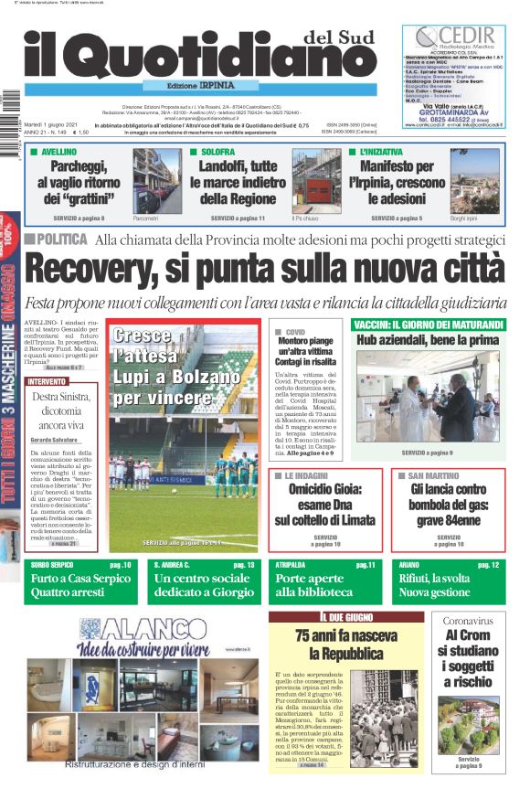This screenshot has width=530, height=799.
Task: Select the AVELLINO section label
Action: click(57, 152)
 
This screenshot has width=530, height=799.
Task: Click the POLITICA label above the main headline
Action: click(60, 240)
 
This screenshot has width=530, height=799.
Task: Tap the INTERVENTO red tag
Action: click(47, 381)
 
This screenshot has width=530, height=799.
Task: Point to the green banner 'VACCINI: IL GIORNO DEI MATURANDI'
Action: click(426, 325)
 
